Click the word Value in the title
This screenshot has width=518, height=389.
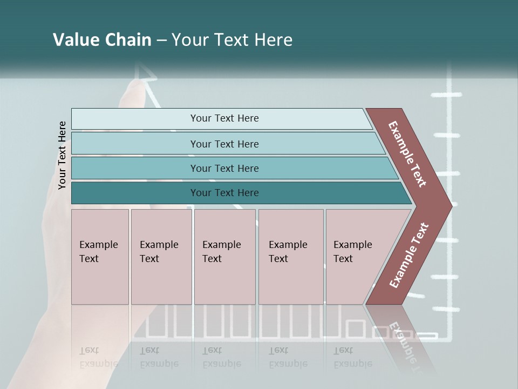(74, 40)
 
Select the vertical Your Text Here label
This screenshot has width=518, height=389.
(62, 155)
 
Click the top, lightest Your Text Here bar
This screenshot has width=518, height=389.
(224, 118)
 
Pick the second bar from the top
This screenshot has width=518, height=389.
(224, 144)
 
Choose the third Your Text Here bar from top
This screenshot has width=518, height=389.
(224, 168)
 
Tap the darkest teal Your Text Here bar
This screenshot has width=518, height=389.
(224, 193)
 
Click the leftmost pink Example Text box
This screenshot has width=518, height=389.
(100, 257)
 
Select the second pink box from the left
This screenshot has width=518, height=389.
(161, 257)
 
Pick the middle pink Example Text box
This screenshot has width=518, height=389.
(224, 257)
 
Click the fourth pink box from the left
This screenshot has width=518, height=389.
(290, 257)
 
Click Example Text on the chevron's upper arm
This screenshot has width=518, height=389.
(407, 154)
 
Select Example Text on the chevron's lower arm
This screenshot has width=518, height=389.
(409, 255)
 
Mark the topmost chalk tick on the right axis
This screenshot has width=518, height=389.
(447, 95)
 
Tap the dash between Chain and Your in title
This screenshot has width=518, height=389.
(161, 41)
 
